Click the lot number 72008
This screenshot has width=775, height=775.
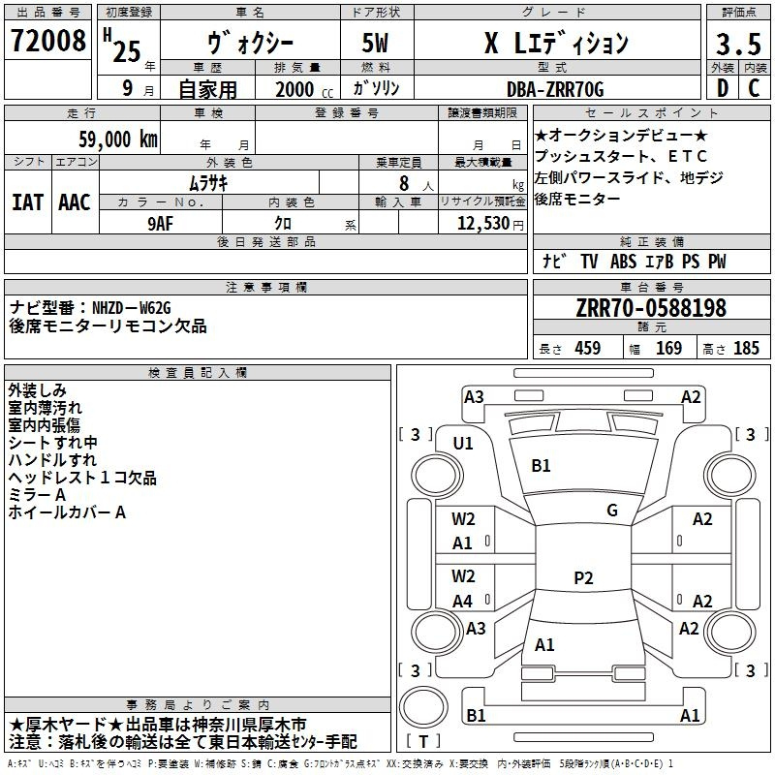click(47, 41)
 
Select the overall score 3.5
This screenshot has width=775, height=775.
click(738, 44)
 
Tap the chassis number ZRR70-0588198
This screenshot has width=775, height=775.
click(651, 308)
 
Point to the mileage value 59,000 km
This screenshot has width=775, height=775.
click(118, 139)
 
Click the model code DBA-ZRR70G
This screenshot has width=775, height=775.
click(555, 89)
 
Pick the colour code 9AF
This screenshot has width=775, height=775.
click(161, 224)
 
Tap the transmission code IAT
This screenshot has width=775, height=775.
click(27, 202)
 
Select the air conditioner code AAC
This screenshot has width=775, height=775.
click(75, 202)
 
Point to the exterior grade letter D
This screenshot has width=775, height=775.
click(723, 88)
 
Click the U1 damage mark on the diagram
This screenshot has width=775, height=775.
click(463, 444)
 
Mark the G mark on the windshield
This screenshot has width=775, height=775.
click(612, 510)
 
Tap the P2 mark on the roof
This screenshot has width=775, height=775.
click(583, 577)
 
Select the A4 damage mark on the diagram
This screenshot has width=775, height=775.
click(462, 601)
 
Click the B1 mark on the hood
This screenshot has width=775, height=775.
click(541, 465)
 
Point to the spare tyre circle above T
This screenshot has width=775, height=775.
click(423, 707)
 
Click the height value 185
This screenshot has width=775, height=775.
click(746, 348)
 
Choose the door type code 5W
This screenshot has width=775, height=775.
click(375, 43)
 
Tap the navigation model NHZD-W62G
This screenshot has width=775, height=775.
click(132, 308)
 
